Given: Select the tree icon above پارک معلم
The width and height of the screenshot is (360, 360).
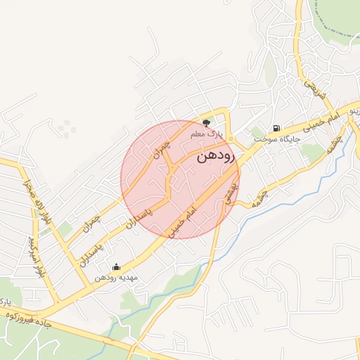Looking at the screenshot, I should pos(206,122).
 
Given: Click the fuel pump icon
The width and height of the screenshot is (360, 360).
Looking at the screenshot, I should pos(276,129).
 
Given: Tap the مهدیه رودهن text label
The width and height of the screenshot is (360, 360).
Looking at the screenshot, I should pos(115,278).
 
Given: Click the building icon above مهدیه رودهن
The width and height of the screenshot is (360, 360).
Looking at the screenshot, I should pos(116,267).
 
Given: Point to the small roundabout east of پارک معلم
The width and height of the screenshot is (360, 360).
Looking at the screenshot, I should pos(231,138).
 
